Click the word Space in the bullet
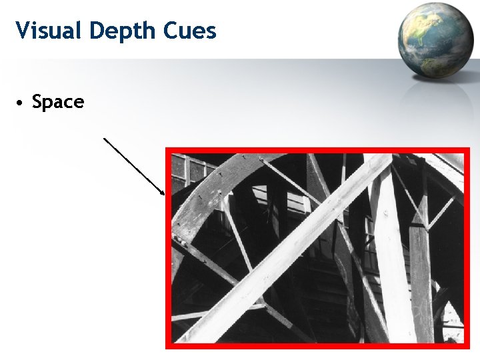[58, 103]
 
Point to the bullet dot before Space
[21, 103]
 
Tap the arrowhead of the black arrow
[163, 193]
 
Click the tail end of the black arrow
[104, 138]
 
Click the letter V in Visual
[22, 31]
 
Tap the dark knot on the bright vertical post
[386, 214]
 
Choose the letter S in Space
[37, 103]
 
